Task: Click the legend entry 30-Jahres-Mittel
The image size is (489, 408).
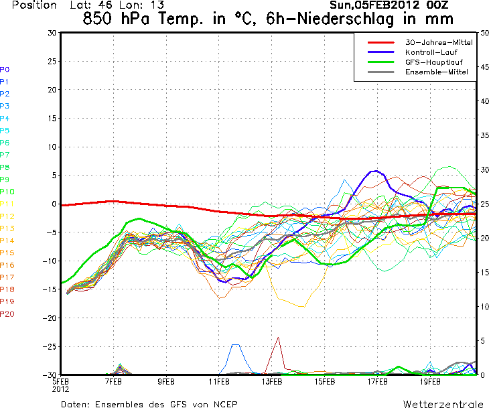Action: click(x=439, y=42)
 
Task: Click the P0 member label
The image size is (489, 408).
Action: click(x=5, y=69)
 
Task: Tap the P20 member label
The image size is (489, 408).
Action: click(x=7, y=314)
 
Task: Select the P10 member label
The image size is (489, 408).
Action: click(x=7, y=192)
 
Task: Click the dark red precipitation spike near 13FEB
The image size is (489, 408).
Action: click(x=277, y=338)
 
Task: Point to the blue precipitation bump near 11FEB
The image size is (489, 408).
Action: click(x=236, y=345)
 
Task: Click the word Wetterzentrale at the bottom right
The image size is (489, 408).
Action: click(x=442, y=404)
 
